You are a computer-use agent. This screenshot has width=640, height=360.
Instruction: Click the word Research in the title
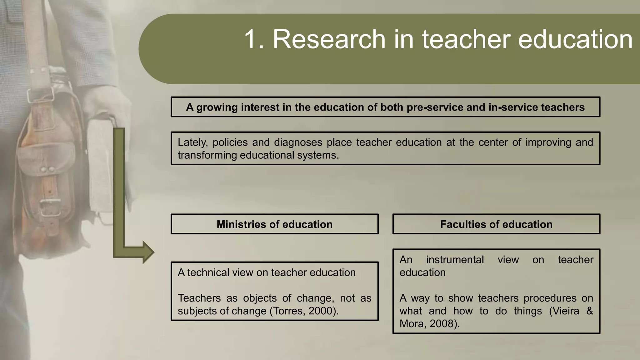point(329,39)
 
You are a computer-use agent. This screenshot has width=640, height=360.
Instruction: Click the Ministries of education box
point(274,224)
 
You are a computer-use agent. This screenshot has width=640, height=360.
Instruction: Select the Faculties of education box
point(496,224)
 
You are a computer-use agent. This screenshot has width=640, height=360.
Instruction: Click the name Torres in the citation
point(289,311)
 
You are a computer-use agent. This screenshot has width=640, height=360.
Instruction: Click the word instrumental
point(455,260)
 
